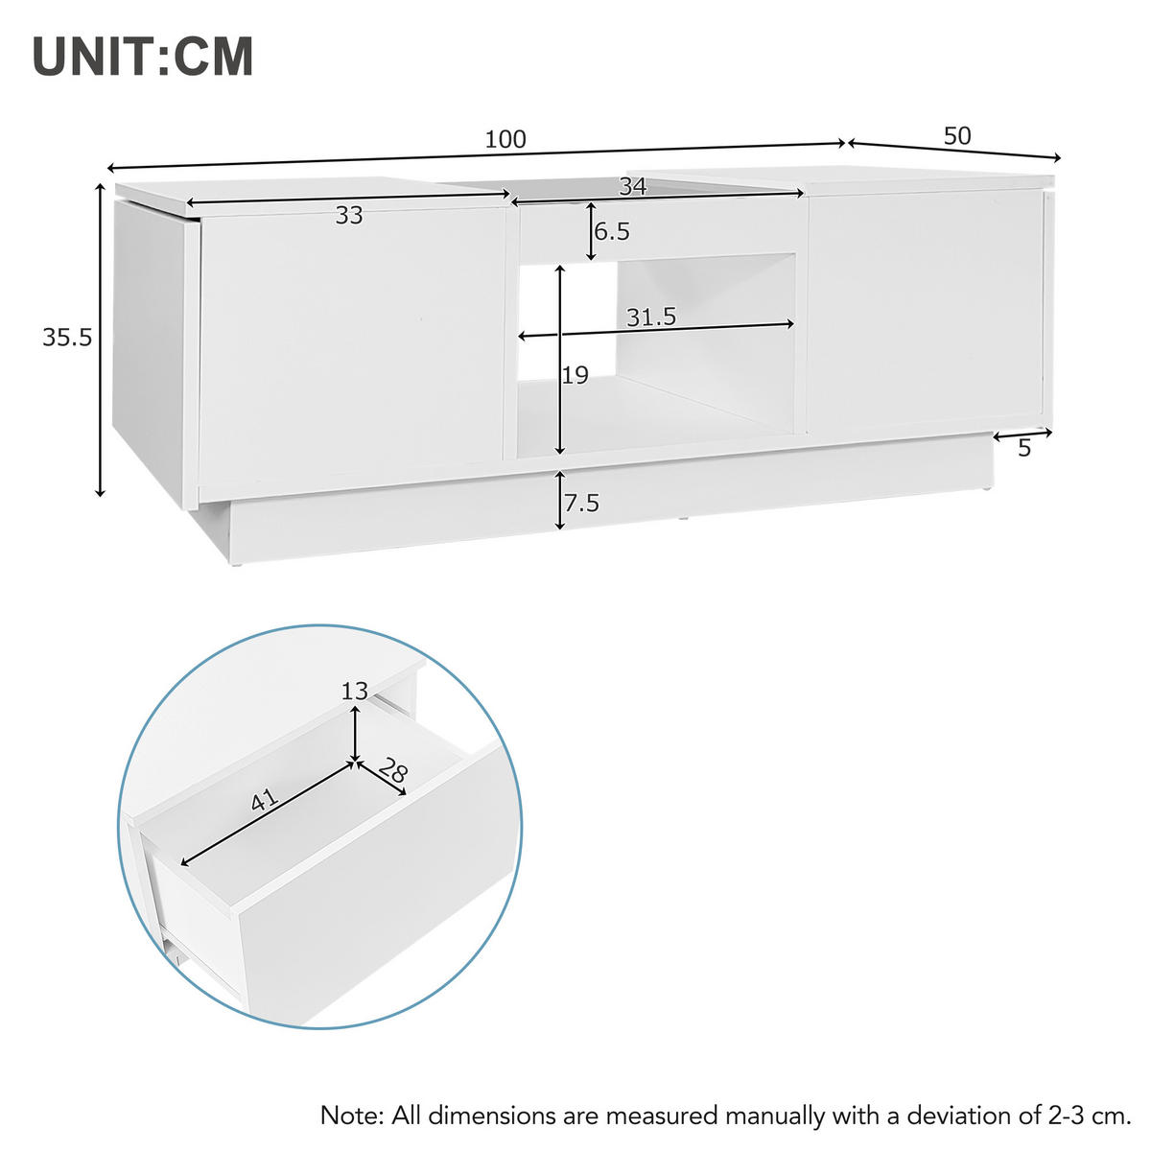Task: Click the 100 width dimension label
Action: click(505, 140)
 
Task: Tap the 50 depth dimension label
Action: click(957, 136)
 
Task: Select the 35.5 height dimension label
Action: click(66, 338)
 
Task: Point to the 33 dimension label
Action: click(349, 217)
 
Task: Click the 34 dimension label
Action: click(632, 187)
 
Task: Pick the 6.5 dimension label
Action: click(612, 232)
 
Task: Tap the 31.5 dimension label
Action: click(651, 317)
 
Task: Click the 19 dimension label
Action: click(575, 375)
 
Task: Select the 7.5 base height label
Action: click(581, 503)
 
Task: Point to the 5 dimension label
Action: click(1024, 449)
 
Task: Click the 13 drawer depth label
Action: click(355, 691)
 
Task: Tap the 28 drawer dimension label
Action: click(390, 770)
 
